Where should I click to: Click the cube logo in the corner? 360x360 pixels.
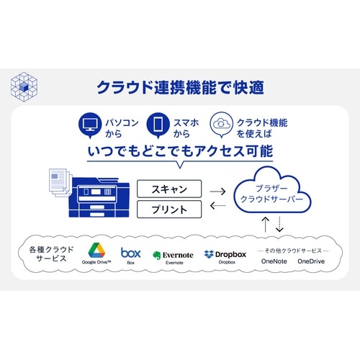(x=24, y=86)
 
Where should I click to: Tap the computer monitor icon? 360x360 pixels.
(x=90, y=125)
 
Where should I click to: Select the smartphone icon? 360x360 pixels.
(x=158, y=125)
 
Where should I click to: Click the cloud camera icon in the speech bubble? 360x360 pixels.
(x=221, y=125)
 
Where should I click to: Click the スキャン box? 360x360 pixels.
(x=169, y=189)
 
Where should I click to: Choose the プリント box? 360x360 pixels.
(x=169, y=210)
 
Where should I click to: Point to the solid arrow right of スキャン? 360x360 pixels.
(x=217, y=192)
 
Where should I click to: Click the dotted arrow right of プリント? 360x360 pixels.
(x=217, y=205)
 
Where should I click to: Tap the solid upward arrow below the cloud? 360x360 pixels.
(x=265, y=224)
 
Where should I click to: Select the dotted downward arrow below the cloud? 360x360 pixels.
(x=279, y=224)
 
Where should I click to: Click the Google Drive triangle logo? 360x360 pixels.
(x=96, y=251)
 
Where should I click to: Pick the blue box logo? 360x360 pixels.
(x=131, y=253)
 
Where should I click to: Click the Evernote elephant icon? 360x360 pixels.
(x=157, y=256)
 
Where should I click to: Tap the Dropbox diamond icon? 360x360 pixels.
(x=209, y=254)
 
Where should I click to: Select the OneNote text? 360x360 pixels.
(x=274, y=261)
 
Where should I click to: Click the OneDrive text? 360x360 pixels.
(x=311, y=261)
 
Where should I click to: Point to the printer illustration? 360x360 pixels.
(x=99, y=197)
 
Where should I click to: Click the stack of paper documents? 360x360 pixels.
(x=60, y=183)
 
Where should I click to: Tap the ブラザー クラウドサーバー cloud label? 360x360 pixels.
(x=271, y=194)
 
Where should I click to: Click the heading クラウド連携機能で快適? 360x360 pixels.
(x=180, y=87)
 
